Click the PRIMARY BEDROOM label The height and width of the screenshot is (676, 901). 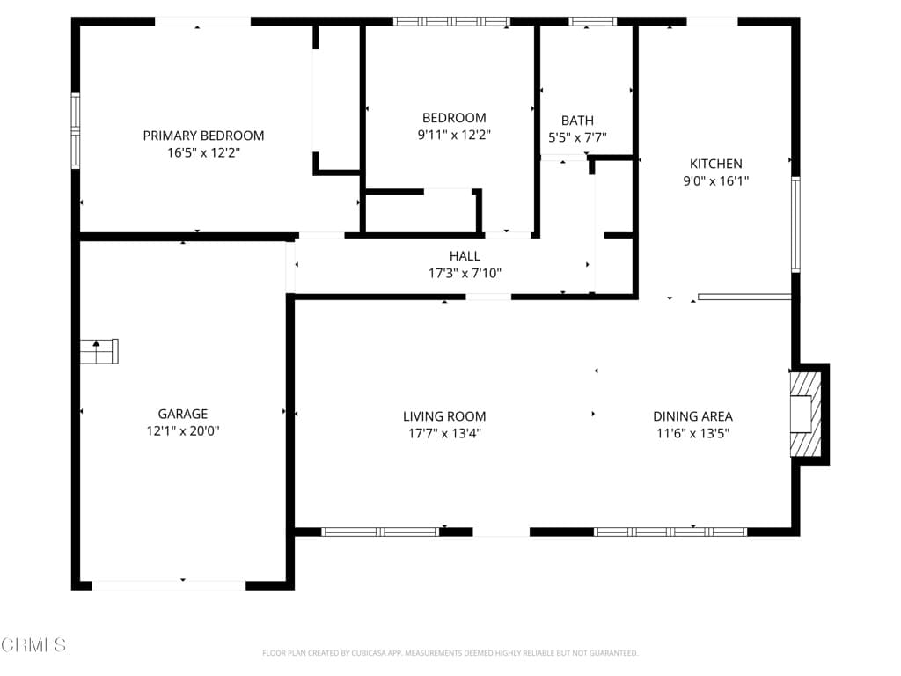[x=203, y=136]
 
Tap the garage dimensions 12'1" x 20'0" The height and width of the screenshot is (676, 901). [x=183, y=431]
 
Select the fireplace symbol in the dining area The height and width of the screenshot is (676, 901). [x=805, y=414]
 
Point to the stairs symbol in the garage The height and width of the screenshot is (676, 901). [x=99, y=351]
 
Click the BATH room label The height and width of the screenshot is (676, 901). [x=577, y=121]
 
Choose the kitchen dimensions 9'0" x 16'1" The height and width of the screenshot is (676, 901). [x=715, y=181]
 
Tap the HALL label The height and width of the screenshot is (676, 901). [x=465, y=256]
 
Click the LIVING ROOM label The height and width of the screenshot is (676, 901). [x=444, y=416]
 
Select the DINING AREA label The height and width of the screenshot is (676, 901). [x=692, y=416]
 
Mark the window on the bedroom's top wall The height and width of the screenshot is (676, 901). [x=450, y=21]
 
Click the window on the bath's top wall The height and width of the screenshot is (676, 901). [x=592, y=21]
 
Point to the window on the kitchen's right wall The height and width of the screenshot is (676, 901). [x=795, y=224]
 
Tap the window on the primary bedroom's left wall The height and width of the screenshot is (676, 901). [x=76, y=130]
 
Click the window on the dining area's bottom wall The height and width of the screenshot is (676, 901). [x=670, y=532]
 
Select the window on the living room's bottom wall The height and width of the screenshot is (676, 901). [x=380, y=532]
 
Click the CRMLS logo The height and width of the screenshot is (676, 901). [x=33, y=645]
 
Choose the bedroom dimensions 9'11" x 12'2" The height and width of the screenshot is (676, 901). [x=453, y=136]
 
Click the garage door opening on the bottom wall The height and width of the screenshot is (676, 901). [x=169, y=584]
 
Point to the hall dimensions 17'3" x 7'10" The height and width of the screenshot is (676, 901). [x=465, y=274]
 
